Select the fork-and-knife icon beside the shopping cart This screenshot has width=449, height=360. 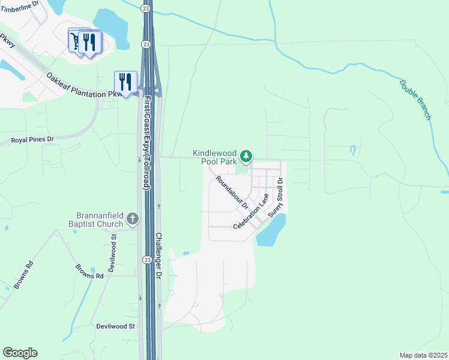click(x=90, y=41)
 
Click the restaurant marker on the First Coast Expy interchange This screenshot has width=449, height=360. click(x=125, y=82)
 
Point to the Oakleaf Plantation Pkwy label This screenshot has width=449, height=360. click(x=88, y=85)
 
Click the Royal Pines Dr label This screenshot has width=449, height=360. click(x=32, y=140)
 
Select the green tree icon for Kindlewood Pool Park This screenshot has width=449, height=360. click(x=246, y=157)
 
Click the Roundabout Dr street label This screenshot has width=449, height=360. click(x=232, y=191)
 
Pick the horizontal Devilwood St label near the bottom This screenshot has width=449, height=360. click(x=116, y=326)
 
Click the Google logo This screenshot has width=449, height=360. click(x=20, y=353)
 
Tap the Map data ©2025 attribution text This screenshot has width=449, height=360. click(x=424, y=355)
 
